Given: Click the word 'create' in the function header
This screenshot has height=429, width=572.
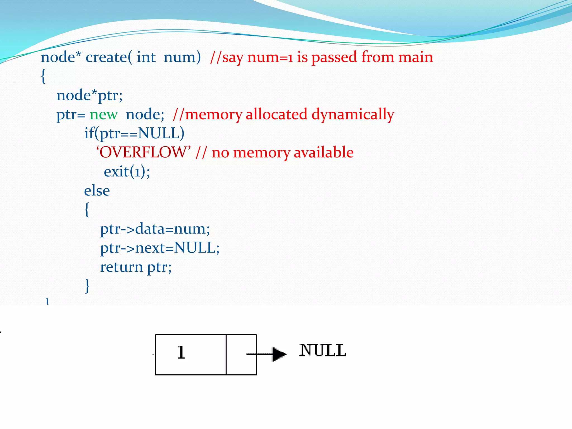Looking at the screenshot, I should click(x=106, y=57).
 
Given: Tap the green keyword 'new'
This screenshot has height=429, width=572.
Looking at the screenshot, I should click(x=104, y=115).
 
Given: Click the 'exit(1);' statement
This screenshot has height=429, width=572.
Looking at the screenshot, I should click(x=127, y=171).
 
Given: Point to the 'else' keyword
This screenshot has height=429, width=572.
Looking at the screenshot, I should click(x=97, y=191).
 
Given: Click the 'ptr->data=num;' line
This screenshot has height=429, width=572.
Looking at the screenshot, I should click(x=155, y=229).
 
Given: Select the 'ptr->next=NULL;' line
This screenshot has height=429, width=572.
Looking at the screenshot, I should click(x=160, y=248).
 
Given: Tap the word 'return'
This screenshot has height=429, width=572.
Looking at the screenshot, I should click(x=121, y=267).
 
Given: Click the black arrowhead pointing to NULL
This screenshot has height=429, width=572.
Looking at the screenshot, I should click(x=279, y=354).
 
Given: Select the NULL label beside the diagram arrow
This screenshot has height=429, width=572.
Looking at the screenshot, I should click(x=323, y=351).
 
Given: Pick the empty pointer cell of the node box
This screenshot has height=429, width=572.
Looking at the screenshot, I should click(x=241, y=354).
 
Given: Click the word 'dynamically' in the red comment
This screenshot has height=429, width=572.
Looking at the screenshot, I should click(x=352, y=115).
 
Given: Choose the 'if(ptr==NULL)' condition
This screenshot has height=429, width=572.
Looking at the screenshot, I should click(x=134, y=134).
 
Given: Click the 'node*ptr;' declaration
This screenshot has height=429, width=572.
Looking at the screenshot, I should click(x=89, y=96).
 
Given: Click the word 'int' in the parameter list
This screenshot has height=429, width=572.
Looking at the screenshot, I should click(x=146, y=57).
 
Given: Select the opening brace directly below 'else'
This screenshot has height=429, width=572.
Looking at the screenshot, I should click(x=87, y=209).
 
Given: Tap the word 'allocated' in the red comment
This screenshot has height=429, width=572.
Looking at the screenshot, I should click(x=277, y=115).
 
